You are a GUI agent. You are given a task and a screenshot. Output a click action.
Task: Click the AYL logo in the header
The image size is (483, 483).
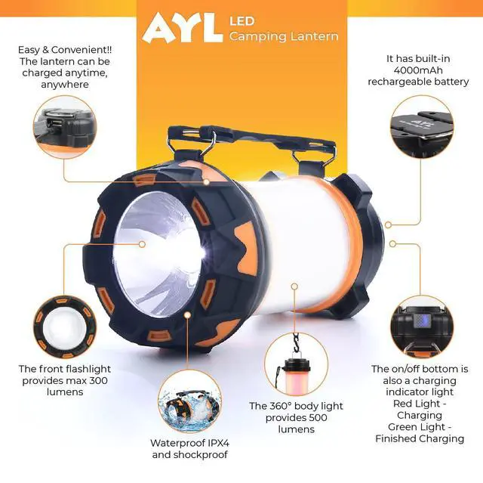tap(183, 27)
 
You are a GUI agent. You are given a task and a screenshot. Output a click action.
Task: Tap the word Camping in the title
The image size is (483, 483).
tap(258, 36)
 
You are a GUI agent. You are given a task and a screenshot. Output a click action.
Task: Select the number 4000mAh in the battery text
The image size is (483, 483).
tap(418, 70)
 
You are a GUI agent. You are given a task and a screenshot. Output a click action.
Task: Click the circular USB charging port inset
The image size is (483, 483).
tap(65, 127)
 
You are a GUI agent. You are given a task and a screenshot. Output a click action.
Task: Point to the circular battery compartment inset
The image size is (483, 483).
tap(422, 126)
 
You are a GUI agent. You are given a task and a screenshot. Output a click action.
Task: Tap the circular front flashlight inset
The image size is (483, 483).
tap(65, 327)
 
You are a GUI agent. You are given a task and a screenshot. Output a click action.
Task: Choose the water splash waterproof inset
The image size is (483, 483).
tap(189, 401)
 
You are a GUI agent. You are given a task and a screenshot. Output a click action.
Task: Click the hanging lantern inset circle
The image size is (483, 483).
tap(296, 364)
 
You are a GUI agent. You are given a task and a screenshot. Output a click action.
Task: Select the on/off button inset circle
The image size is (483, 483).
tap(422, 327)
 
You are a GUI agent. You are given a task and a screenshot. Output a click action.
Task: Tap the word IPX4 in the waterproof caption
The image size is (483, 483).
tap(218, 443)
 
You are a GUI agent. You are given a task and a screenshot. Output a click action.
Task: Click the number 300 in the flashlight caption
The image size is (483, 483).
tap(99, 380)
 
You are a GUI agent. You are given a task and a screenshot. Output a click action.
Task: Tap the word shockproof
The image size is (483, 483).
tap(201, 454)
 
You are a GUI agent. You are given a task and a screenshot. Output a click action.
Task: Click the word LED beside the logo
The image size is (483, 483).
tap(241, 21)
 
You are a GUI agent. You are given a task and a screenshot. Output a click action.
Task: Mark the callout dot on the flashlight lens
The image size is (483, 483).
tap(142, 244)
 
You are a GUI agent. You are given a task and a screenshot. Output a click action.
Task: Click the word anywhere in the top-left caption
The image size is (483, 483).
tap(65, 85)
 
